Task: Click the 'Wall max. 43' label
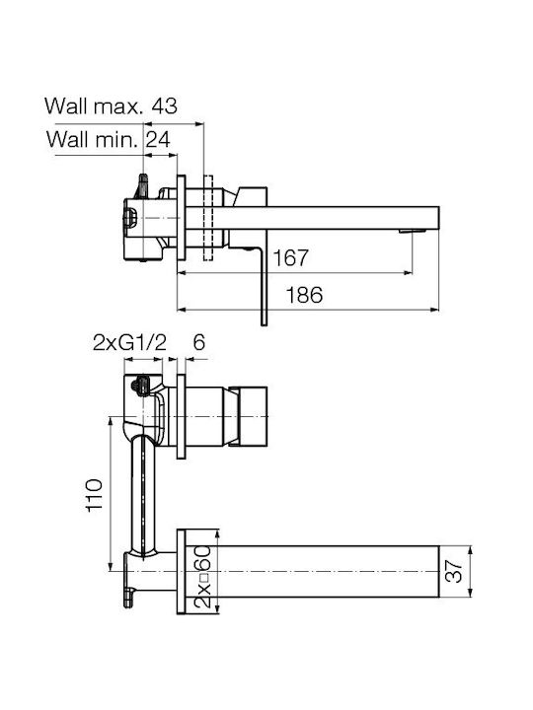[111, 106]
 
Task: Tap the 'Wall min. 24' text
[109, 139]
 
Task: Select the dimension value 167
[290, 257]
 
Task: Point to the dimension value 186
[304, 295]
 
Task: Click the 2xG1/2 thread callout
[129, 343]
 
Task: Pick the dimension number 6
[199, 342]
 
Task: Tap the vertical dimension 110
[95, 495]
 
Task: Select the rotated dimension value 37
[454, 571]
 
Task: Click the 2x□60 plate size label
[203, 577]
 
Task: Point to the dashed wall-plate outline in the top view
[208, 218]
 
